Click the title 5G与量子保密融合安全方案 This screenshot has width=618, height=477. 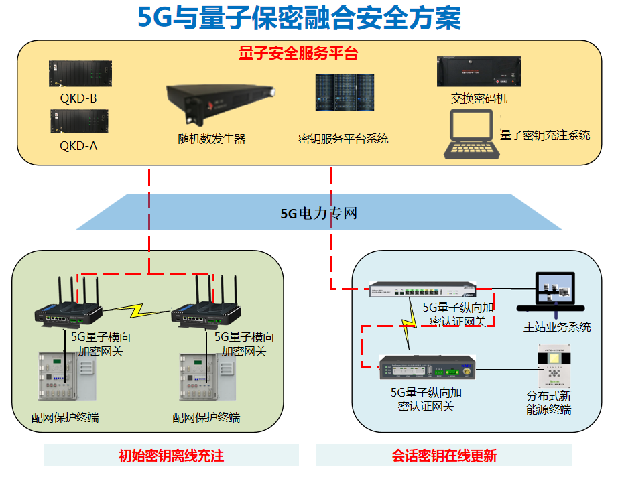pos(299,18)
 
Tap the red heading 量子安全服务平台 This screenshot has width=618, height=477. pos(298,54)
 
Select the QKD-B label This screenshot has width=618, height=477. pos(78,99)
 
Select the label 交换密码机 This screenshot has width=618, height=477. pos(479,99)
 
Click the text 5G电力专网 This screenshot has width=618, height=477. pos(318,214)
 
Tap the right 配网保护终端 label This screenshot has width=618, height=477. pos(206,418)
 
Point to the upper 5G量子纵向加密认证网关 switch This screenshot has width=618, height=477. pos(423,290)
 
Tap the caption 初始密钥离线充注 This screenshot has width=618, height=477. pos(171,456)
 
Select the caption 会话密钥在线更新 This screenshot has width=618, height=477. pos(444,456)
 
